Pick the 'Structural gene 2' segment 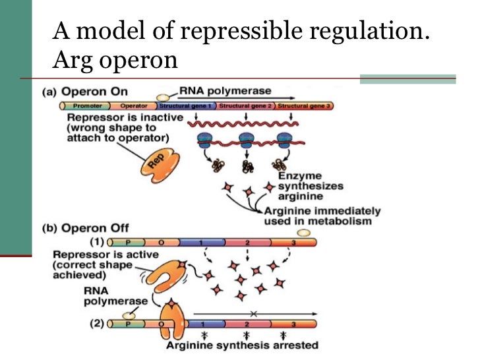click(245, 105)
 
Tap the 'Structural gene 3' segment click(304, 105)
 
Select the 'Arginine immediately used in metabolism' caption click(322, 216)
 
